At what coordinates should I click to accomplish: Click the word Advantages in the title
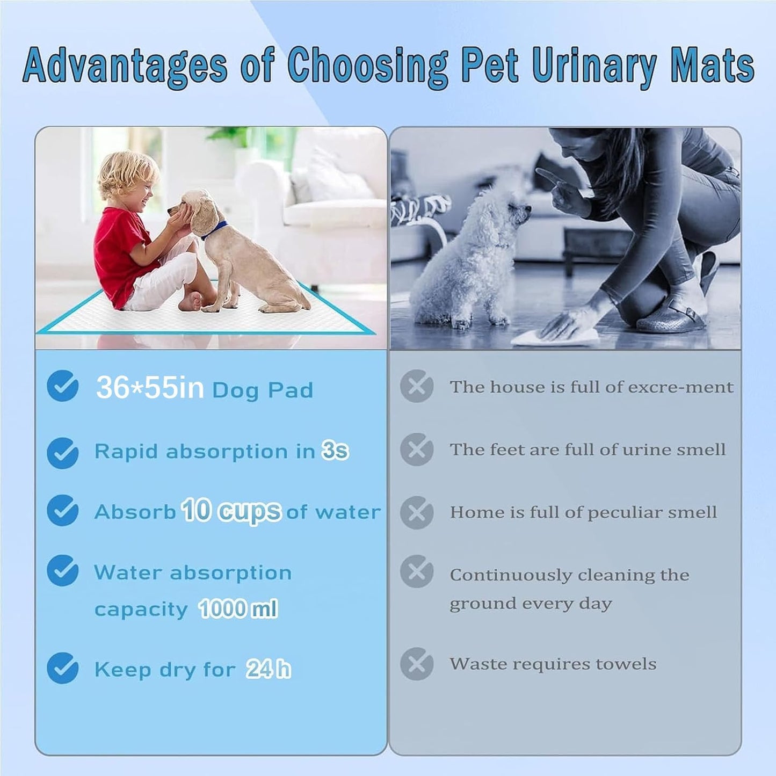point(125,66)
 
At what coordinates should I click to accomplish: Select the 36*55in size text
point(150,387)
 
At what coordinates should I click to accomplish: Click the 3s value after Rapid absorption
point(335,451)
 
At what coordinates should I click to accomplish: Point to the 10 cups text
point(231,511)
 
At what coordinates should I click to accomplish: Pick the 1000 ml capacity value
point(238,609)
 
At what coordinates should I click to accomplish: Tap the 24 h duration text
point(269,669)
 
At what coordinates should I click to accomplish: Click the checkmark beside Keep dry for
point(63,668)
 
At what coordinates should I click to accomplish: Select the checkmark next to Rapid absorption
point(63,453)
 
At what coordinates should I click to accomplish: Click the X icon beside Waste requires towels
point(417,664)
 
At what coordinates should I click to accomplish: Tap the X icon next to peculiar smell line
point(417,512)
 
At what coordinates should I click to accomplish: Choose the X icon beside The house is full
point(417,386)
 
